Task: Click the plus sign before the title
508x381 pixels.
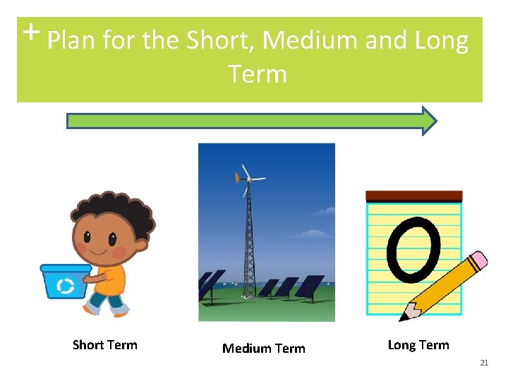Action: pyautogui.click(x=30, y=32)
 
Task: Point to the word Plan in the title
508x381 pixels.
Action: pyautogui.click(x=71, y=41)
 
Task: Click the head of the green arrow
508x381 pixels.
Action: pyautogui.click(x=429, y=121)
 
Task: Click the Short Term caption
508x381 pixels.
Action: pyautogui.click(x=105, y=345)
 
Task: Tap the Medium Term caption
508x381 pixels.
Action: pyautogui.click(x=264, y=348)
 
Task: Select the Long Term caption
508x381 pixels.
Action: pyautogui.click(x=418, y=345)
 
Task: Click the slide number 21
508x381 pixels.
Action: pyautogui.click(x=484, y=363)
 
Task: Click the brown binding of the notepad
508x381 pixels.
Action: pyautogui.click(x=413, y=196)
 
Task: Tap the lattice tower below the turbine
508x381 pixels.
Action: pyautogui.click(x=248, y=240)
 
